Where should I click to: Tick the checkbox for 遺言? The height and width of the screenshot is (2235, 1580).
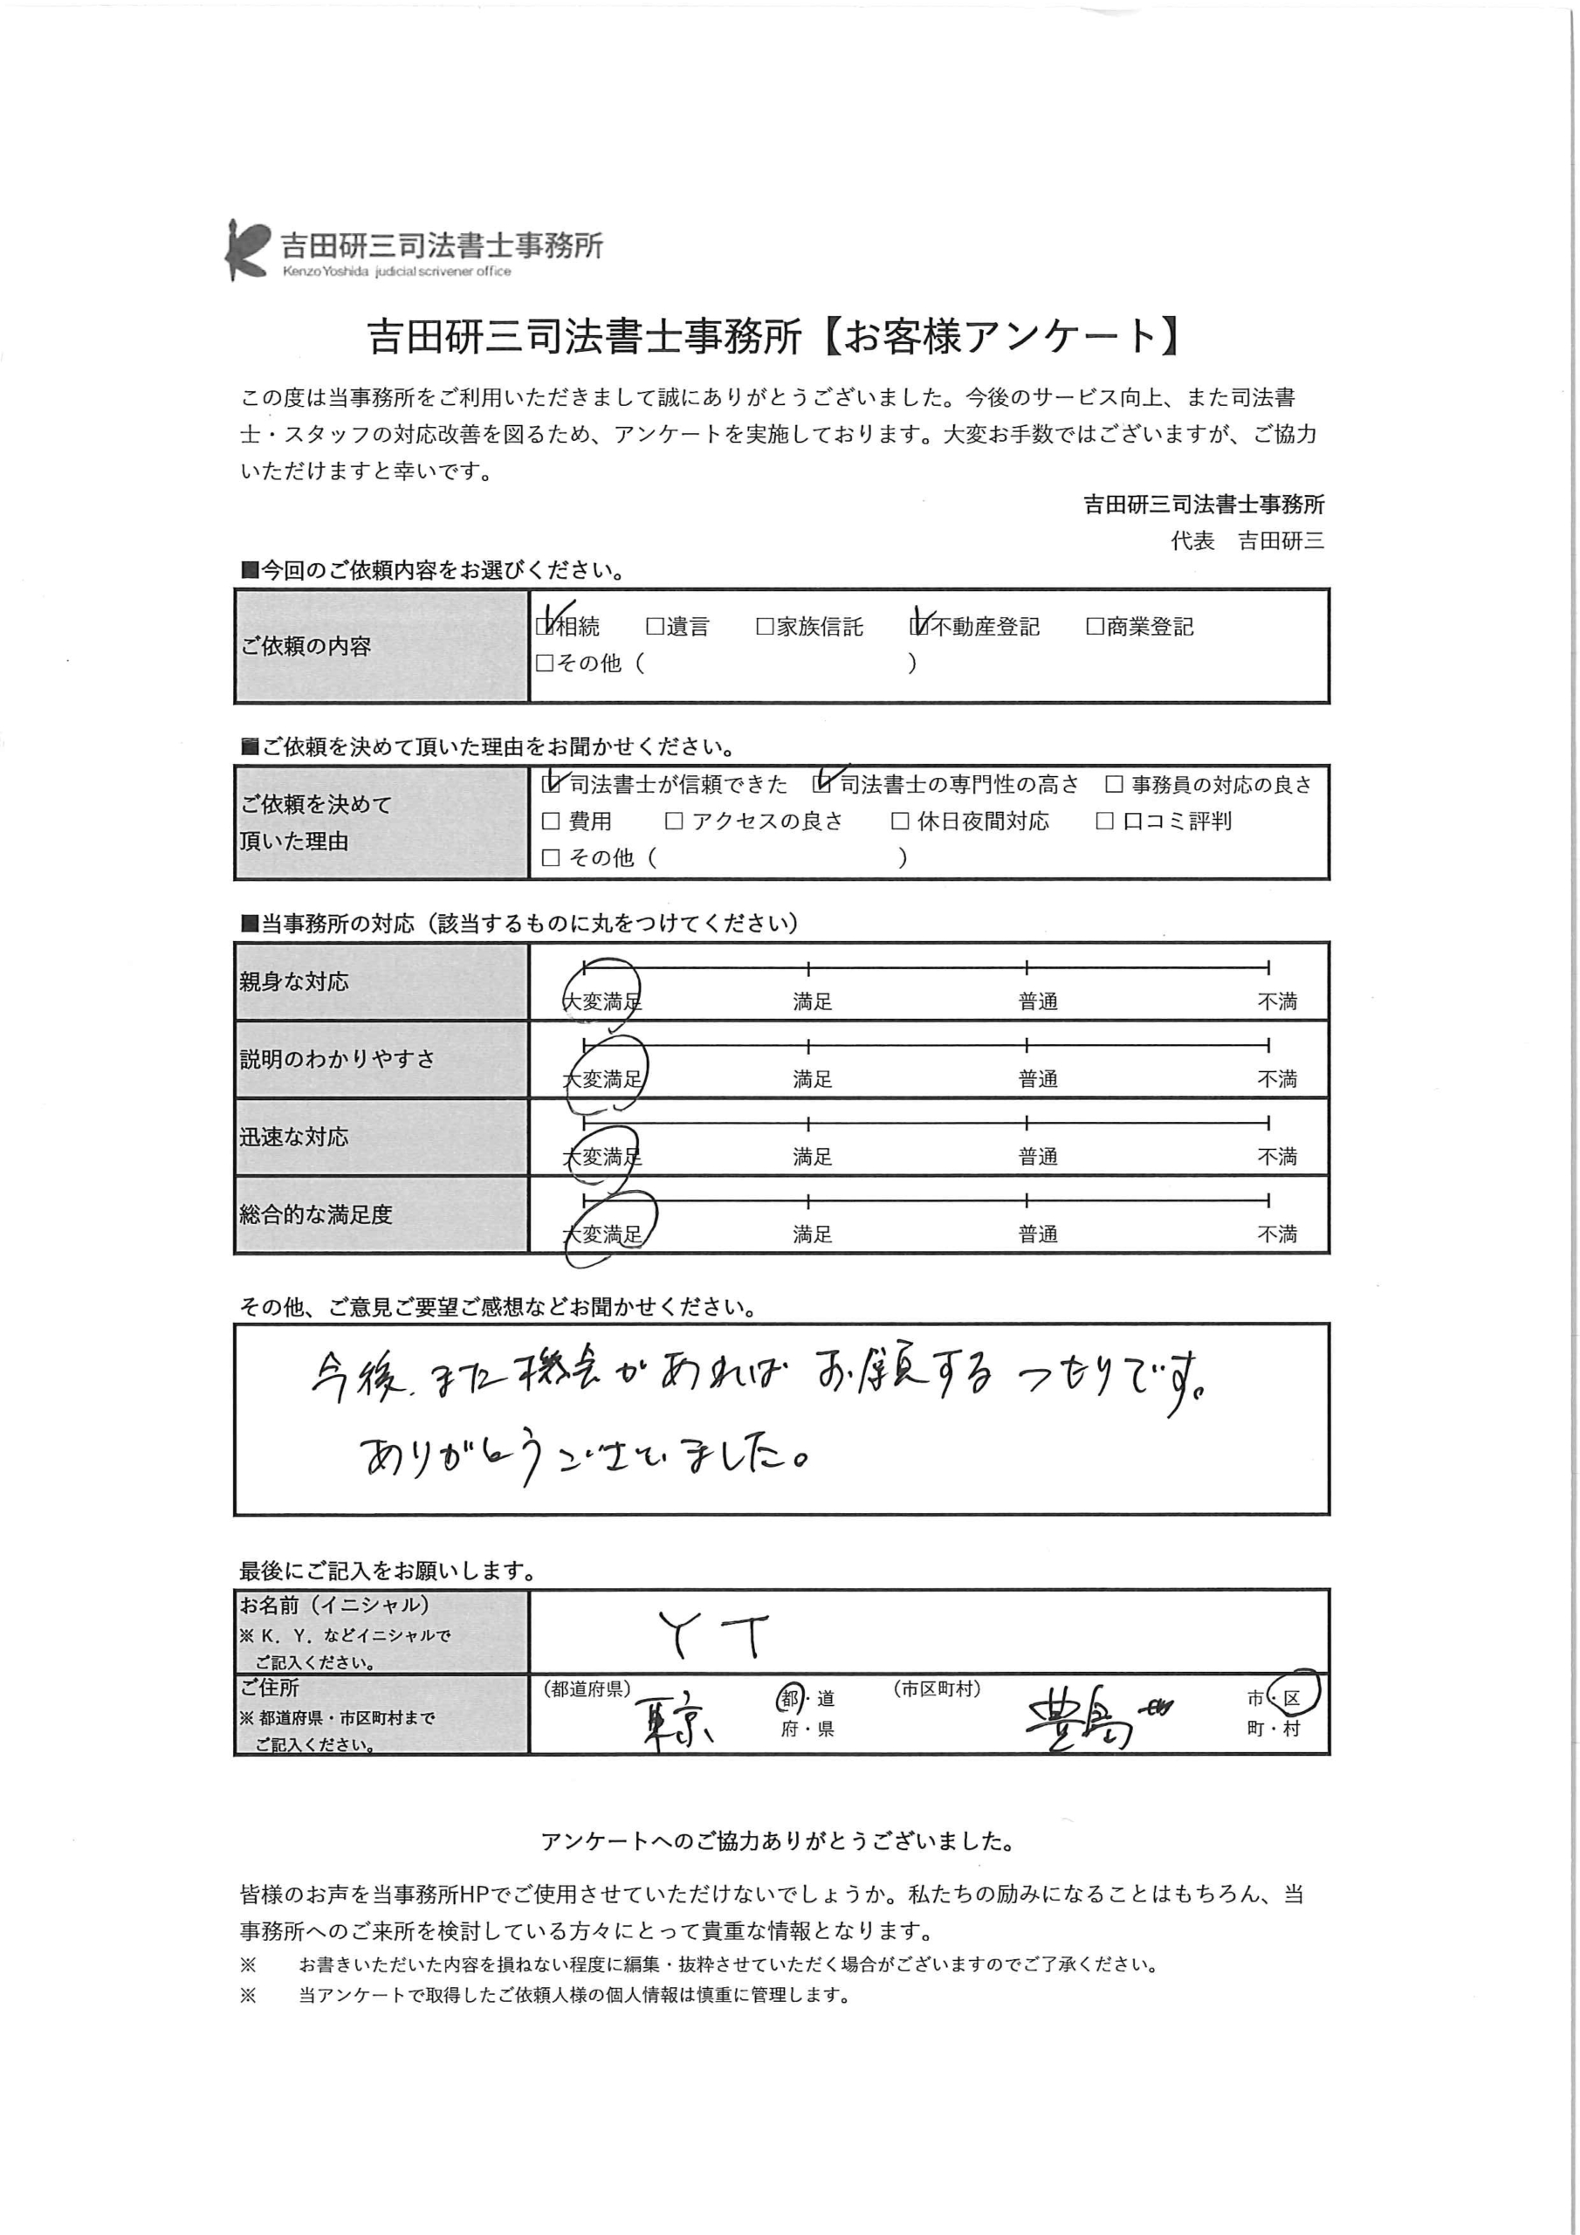pyautogui.click(x=656, y=626)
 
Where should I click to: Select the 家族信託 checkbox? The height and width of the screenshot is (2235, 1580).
pyautogui.click(x=766, y=626)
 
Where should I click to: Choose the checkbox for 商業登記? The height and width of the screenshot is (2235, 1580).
pyautogui.click(x=1096, y=626)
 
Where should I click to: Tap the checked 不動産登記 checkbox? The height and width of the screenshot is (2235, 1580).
pyautogui.click(x=919, y=626)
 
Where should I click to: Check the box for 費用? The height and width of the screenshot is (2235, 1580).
pyautogui.click(x=551, y=821)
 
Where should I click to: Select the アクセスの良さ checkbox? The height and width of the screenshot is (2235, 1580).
pyautogui.click(x=674, y=821)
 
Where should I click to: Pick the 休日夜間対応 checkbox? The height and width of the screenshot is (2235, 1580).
pyautogui.click(x=901, y=821)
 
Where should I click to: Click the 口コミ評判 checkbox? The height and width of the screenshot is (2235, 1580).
pyautogui.click(x=1105, y=821)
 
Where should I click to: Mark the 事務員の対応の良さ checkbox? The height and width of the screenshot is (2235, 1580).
pyautogui.click(x=1115, y=785)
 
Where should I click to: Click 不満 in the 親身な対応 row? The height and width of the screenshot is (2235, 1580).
pyautogui.click(x=1276, y=1001)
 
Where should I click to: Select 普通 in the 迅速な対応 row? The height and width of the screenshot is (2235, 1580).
pyautogui.click(x=1038, y=1157)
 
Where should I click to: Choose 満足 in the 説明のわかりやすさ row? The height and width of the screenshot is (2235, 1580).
pyautogui.click(x=812, y=1078)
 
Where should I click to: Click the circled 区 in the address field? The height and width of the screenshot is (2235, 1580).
pyautogui.click(x=1292, y=1698)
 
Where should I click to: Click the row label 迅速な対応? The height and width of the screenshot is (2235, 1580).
pyautogui.click(x=294, y=1137)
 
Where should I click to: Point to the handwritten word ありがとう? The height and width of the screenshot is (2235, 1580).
pyautogui.click(x=448, y=1457)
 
